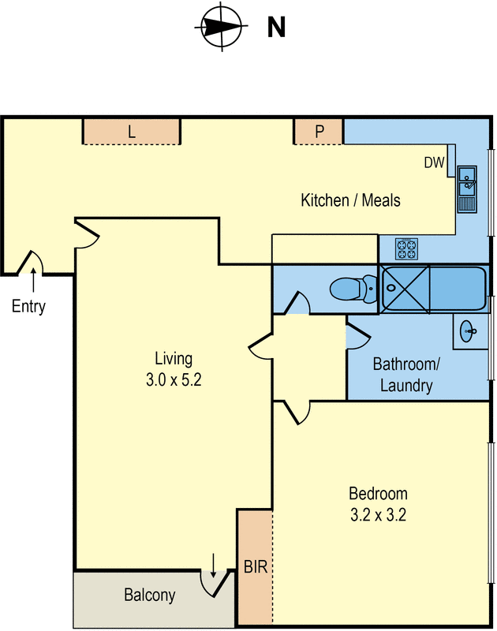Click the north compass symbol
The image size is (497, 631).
pos(222,27)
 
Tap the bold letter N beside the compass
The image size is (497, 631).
pos(276,28)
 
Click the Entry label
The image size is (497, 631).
pos(28,306)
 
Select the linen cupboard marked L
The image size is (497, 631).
pos(132,132)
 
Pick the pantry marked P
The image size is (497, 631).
pos(319,132)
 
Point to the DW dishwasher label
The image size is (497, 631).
pos(434,162)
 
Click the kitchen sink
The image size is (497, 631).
pos(467,189)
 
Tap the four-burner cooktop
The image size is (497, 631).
pos(406,249)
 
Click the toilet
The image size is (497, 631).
pos(353,288)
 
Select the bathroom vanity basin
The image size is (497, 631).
pos(467,331)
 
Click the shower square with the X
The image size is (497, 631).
pos(405,289)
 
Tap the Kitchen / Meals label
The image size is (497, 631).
pos(350,200)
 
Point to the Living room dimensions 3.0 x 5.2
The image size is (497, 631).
pos(174,379)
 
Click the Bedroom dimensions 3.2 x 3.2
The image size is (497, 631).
pos(378,515)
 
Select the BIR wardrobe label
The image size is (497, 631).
pos(256,567)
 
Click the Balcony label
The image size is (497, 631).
pos(150,596)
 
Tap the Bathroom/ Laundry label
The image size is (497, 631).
pos(406,375)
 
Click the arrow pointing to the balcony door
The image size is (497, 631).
pos(213,566)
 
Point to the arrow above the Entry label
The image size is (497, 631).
pos(33,280)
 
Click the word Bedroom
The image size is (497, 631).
pos(378,494)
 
